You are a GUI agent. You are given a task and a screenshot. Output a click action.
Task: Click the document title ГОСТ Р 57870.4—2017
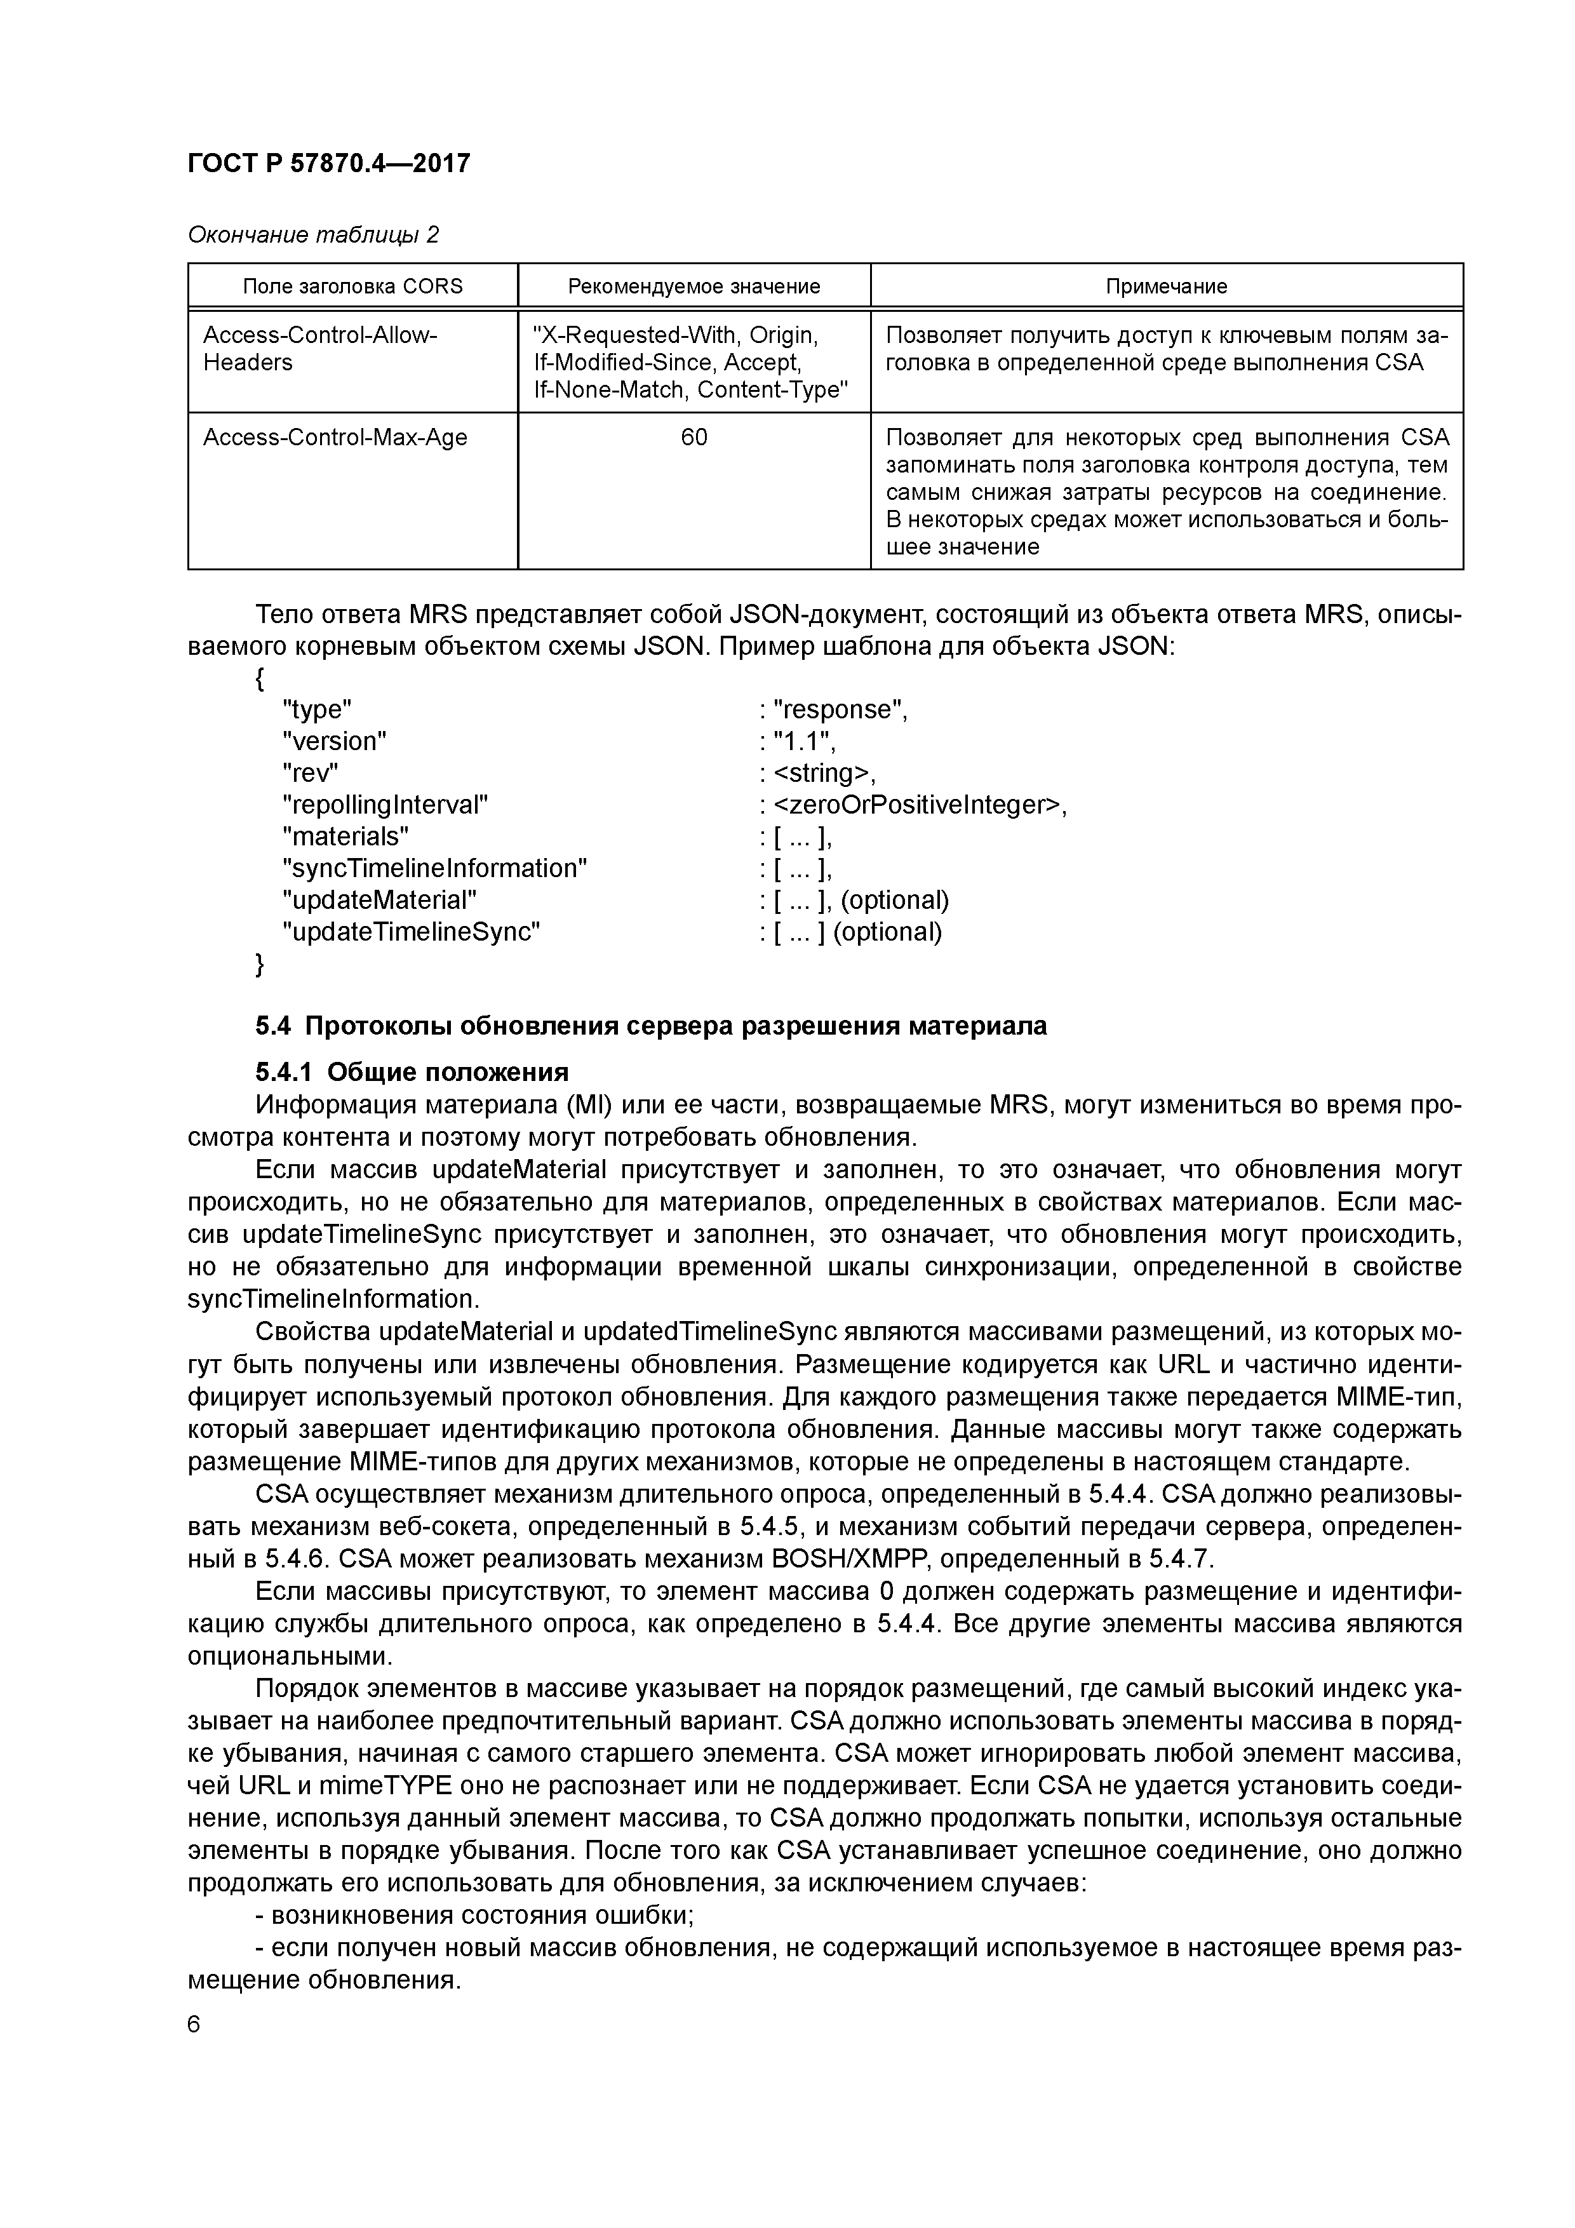[x=328, y=164]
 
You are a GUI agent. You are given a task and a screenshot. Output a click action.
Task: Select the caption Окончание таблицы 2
[x=312, y=235]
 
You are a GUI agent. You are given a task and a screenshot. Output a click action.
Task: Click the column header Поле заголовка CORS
[x=352, y=286]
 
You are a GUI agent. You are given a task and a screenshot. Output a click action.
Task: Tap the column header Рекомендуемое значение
[x=694, y=286]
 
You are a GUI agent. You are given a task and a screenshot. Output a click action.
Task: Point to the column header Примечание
[x=1167, y=286]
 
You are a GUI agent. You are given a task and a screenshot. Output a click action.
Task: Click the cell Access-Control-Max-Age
[x=335, y=438]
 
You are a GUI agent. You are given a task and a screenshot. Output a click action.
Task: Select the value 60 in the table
[x=694, y=438]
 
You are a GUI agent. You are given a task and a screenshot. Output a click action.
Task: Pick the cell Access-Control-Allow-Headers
[x=320, y=349]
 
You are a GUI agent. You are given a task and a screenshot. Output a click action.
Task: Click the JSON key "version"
[x=334, y=741]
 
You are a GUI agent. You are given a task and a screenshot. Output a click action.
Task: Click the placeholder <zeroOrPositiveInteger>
[x=918, y=805]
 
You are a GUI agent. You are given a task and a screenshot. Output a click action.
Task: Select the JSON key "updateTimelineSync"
[x=410, y=932]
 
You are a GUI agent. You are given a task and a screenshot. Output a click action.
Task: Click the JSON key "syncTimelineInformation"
[x=435, y=868]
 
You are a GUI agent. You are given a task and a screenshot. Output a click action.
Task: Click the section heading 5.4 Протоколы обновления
[x=651, y=1026]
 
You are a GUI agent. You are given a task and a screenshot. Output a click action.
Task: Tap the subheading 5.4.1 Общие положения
[x=412, y=1072]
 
